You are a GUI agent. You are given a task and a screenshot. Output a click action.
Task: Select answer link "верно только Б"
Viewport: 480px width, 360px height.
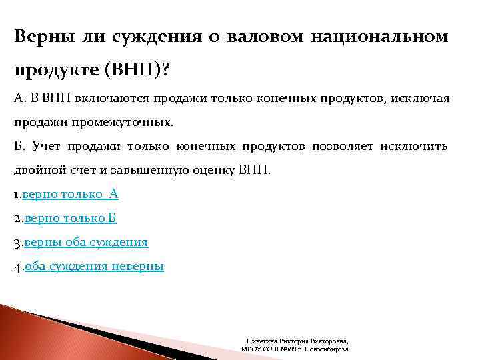(71, 218)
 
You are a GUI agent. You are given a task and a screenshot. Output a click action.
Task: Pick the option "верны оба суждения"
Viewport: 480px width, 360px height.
(86, 242)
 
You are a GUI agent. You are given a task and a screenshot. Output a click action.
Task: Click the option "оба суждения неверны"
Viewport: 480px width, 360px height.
(94, 266)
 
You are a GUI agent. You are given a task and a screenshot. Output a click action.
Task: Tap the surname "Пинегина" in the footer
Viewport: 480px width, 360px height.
(259, 340)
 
